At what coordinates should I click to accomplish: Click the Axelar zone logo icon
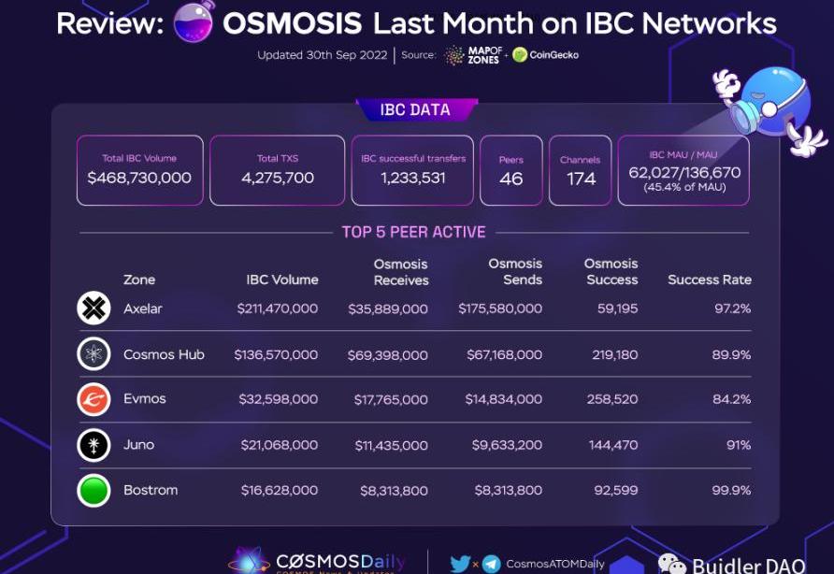pyautogui.click(x=93, y=309)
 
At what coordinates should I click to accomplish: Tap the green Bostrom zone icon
pyautogui.click(x=93, y=490)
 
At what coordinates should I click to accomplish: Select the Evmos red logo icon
pyautogui.click(x=93, y=399)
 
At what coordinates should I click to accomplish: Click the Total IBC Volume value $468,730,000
pyautogui.click(x=139, y=178)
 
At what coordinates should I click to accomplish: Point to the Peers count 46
pyautogui.click(x=511, y=179)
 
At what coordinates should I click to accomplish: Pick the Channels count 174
pyautogui.click(x=581, y=179)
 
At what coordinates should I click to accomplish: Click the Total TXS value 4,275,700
pyautogui.click(x=279, y=178)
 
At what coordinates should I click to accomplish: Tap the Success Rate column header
pyautogui.click(x=709, y=280)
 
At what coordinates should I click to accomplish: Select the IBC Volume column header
pyautogui.click(x=281, y=280)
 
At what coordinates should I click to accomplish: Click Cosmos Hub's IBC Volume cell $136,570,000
pyautogui.click(x=278, y=355)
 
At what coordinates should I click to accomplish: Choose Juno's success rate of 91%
pyautogui.click(x=739, y=445)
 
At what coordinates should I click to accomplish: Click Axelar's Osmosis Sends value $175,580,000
pyautogui.click(x=499, y=309)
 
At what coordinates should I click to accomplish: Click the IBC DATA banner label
pyautogui.click(x=414, y=110)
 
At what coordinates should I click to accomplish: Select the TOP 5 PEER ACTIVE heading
pyautogui.click(x=413, y=232)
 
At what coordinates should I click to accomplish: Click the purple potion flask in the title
pyautogui.click(x=194, y=22)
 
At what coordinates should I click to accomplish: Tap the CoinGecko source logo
pyautogui.click(x=546, y=54)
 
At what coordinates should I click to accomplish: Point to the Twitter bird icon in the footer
pyautogui.click(x=459, y=564)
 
